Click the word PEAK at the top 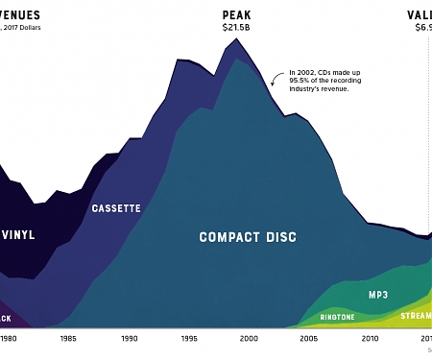tap(236, 14)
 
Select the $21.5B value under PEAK tap(236, 29)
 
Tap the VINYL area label tap(17, 234)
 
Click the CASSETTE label tap(116, 208)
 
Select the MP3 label tap(383, 295)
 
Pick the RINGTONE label tap(337, 317)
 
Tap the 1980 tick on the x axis tap(9, 339)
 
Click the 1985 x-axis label tap(69, 339)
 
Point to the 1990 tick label tap(129, 339)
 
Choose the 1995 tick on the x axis tap(189, 339)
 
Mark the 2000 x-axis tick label tap(249, 339)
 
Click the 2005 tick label tap(309, 339)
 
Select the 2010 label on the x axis tap(369, 339)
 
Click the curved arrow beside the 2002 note tap(278, 77)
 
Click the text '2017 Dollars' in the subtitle tap(26, 28)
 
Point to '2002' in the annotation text tap(311, 71)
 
